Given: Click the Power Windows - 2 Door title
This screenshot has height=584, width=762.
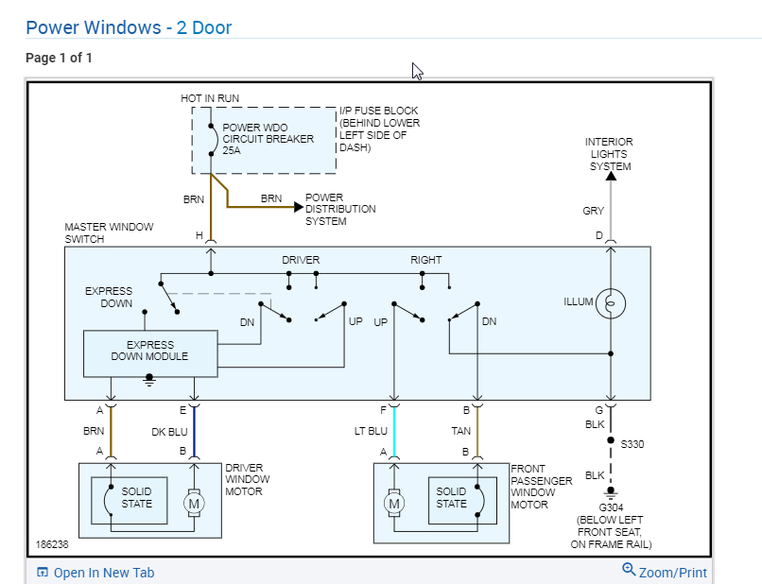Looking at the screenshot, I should [129, 27].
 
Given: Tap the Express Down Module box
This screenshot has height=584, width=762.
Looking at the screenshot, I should [149, 351].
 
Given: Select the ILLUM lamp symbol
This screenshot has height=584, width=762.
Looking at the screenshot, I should [611, 303].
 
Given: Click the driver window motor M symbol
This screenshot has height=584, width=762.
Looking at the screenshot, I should [194, 504].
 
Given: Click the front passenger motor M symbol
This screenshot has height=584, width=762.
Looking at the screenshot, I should [394, 504].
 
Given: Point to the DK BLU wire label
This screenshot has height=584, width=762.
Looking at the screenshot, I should [169, 430].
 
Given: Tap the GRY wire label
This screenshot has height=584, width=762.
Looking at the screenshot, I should [593, 211].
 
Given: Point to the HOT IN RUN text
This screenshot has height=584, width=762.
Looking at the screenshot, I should [210, 98].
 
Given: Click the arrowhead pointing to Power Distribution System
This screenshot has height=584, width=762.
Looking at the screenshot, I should [299, 205].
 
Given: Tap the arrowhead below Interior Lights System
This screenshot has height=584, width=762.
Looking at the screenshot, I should [611, 175].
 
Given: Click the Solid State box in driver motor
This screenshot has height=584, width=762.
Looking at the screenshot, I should [136, 498].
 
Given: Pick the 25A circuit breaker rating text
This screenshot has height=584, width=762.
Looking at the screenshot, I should [232, 150].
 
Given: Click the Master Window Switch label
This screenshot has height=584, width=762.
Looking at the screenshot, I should [108, 233].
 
